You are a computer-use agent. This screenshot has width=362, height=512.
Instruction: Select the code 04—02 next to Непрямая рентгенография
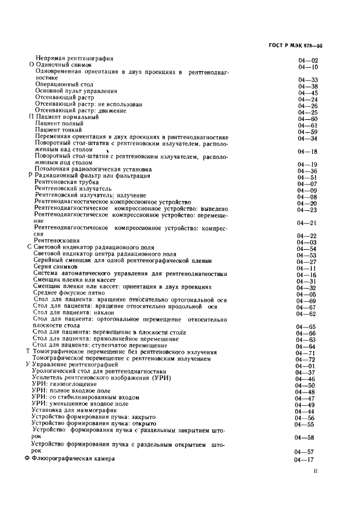308,60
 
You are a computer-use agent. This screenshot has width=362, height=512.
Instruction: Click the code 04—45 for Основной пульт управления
308,93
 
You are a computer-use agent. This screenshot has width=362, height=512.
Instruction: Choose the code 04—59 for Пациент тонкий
307,131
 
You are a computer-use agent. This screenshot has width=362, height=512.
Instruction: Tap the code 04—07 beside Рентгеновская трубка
307,183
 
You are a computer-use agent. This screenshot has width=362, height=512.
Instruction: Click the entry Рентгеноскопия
56,240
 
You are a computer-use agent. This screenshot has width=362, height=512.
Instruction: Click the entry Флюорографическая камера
73,458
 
